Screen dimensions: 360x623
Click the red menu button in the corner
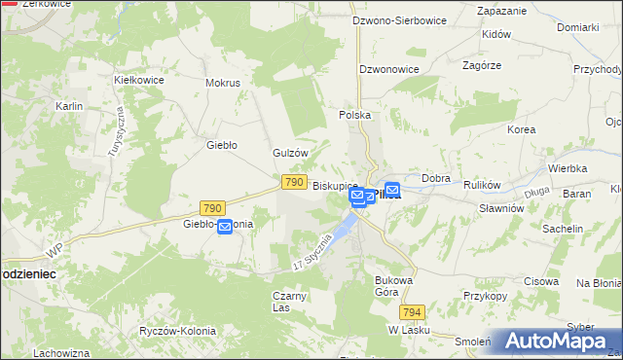coord(11,11)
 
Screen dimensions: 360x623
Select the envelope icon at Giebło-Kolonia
coord(225,228)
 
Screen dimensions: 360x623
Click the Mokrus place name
coord(223,83)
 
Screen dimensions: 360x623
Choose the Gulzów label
coord(290,153)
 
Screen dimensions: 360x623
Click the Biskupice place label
coord(335,184)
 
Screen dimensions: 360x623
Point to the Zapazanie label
coord(502,11)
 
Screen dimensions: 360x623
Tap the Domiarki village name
coord(577,27)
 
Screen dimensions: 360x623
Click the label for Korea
coord(522,129)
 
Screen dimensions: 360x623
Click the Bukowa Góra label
coord(395,286)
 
